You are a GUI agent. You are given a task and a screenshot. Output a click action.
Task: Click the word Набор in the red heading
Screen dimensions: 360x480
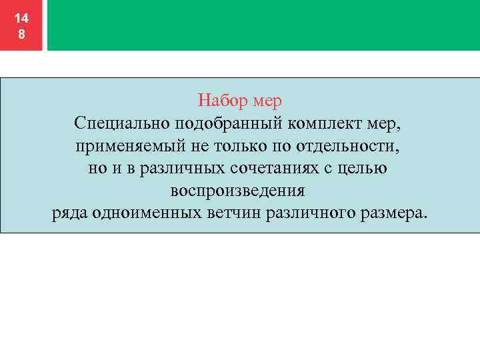coord(223,101)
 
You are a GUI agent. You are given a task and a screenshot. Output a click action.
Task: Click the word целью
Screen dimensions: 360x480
coord(363,169)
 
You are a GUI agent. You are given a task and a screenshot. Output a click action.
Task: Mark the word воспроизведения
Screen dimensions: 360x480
coord(237,191)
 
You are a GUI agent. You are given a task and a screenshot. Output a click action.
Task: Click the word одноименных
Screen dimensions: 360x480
coord(153,214)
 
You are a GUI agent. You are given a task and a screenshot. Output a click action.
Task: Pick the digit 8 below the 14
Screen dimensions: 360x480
coord(22,35)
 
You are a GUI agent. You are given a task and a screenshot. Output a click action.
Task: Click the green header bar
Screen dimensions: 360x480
coord(263,25)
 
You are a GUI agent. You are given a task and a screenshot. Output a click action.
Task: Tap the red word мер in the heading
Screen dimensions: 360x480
coord(268,101)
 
